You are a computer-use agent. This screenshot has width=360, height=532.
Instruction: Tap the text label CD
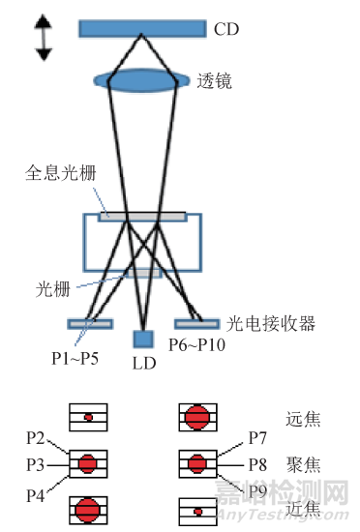(225, 30)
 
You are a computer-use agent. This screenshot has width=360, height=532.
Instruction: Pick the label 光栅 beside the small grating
(53, 287)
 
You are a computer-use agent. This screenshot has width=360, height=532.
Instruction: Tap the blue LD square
(143, 340)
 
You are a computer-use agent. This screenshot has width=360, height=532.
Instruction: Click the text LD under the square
(143, 367)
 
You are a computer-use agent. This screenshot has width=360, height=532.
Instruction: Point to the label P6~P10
(197, 345)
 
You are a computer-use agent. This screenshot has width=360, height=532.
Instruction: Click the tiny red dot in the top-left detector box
(88, 418)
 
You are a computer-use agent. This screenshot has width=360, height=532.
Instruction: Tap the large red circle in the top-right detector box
(197, 418)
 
